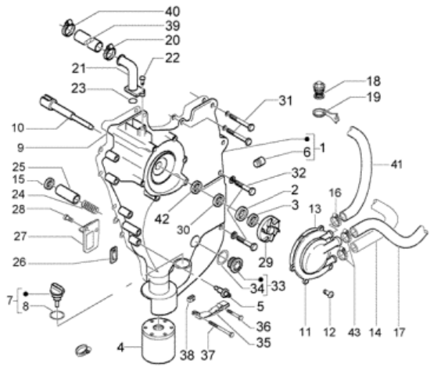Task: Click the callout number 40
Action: tap(173, 12)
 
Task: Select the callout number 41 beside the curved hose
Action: tap(396, 164)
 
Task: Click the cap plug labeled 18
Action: tap(319, 91)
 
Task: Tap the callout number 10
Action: tap(18, 128)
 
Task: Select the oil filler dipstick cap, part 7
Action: tap(57, 293)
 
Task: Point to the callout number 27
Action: tap(20, 236)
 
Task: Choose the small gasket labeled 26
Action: tap(113, 254)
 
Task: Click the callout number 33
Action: tap(278, 286)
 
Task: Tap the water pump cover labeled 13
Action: tap(314, 250)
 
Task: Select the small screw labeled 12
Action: tap(328, 294)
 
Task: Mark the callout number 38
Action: tap(187, 355)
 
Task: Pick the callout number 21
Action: tap(79, 68)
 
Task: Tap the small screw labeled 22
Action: tap(143, 80)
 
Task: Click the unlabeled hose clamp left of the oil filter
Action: tap(83, 351)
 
